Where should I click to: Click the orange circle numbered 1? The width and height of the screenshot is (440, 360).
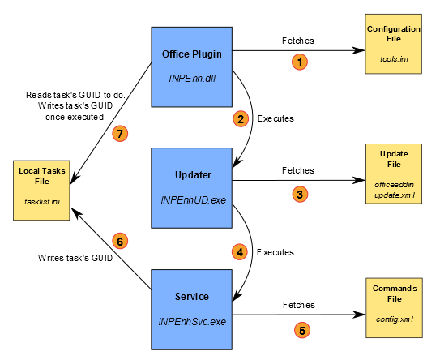[300, 62]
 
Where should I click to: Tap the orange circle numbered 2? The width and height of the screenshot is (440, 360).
[241, 119]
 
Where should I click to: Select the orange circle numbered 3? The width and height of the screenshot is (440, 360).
[300, 195]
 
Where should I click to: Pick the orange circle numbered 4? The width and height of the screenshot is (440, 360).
[240, 252]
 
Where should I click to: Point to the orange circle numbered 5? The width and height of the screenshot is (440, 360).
[302, 330]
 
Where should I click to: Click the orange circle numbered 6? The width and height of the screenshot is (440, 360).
[120, 242]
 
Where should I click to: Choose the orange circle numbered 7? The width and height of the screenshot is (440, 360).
[120, 134]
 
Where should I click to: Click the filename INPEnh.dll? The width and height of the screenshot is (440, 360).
[192, 79]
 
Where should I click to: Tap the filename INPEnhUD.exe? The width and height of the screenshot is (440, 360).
[193, 200]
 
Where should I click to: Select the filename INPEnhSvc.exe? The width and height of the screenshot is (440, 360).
[192, 322]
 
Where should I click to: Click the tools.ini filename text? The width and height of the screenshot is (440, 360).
[394, 58]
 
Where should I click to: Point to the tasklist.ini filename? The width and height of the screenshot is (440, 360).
[42, 201]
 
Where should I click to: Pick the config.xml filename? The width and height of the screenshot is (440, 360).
[395, 319]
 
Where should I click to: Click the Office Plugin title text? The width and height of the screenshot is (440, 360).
[192, 54]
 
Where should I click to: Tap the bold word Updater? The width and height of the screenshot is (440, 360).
[193, 175]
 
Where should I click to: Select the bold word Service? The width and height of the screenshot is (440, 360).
[192, 297]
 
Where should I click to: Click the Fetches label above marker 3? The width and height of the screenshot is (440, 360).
[298, 170]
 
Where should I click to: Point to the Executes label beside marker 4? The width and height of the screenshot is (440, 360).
[276, 252]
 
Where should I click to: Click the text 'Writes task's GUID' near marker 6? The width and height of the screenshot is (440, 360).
[75, 258]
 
